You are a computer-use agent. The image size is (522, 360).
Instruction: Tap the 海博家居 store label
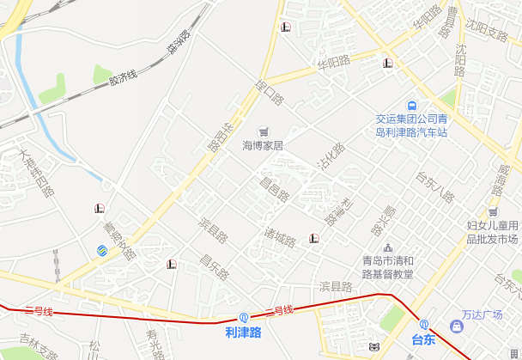tap(263, 145)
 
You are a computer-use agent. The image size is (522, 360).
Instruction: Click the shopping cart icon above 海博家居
tap(263, 130)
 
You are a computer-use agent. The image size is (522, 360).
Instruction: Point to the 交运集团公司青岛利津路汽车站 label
tap(411, 125)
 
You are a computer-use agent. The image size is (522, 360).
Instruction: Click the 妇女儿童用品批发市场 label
tap(492, 231)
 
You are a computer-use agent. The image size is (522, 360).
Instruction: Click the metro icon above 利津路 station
tap(243, 317)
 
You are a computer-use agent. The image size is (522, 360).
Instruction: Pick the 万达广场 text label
tap(482, 314)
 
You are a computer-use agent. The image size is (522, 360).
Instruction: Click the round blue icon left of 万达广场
tap(456, 327)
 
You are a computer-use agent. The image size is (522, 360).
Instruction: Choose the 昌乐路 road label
tap(214, 267)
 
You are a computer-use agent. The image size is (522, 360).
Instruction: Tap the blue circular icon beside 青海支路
tap(101, 250)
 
